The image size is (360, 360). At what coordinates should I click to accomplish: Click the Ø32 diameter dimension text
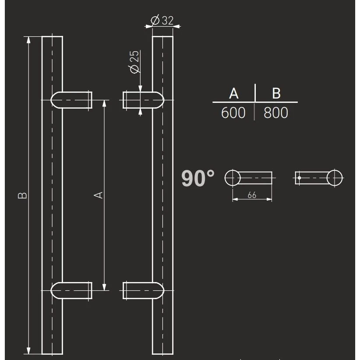point(162,20)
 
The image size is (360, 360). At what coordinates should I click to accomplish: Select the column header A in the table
point(233,93)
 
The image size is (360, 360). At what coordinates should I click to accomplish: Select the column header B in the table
point(276,93)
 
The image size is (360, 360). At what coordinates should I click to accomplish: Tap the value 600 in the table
point(233,113)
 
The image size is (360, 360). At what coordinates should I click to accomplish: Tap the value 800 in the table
point(276,113)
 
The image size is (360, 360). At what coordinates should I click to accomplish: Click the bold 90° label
point(198,179)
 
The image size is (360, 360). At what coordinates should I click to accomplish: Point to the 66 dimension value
point(252,195)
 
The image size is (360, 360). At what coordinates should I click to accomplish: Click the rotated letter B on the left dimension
point(23,195)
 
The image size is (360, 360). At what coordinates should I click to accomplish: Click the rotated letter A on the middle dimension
point(99,194)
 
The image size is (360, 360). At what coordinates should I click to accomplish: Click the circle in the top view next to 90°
point(233,178)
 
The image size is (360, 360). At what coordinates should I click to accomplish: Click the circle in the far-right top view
point(335,178)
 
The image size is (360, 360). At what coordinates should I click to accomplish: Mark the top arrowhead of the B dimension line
point(29,40)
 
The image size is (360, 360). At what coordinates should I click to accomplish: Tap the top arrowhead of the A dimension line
point(104,103)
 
